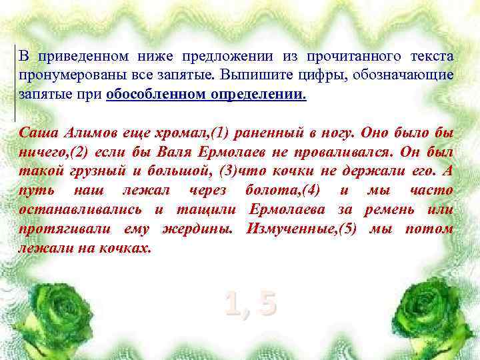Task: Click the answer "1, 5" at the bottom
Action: (x=250, y=304)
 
